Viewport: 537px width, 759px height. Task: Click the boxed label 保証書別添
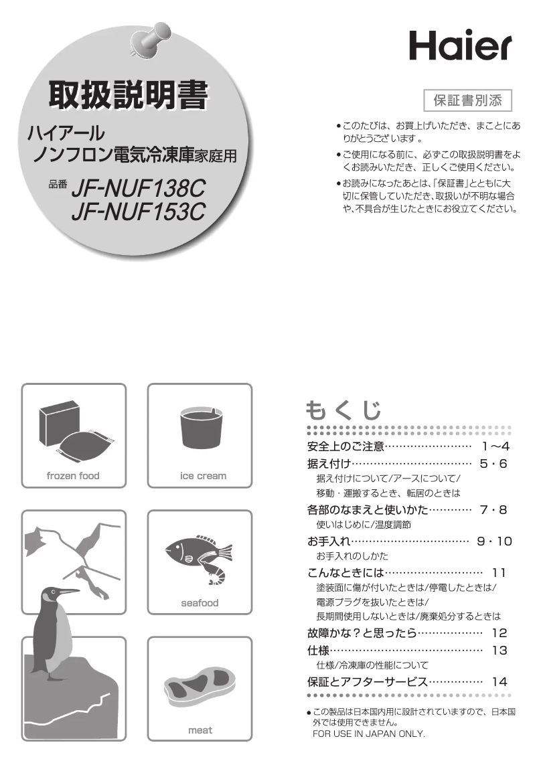[468, 100]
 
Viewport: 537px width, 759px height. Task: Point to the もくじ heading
[343, 410]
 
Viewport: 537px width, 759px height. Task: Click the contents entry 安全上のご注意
[346, 446]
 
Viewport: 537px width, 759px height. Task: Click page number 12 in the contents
[499, 633]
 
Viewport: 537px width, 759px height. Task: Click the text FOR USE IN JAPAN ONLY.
[369, 734]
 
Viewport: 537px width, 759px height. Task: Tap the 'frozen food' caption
[73, 476]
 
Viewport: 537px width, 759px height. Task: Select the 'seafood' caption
[200, 603]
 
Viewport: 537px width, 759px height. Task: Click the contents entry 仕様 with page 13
[318, 650]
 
